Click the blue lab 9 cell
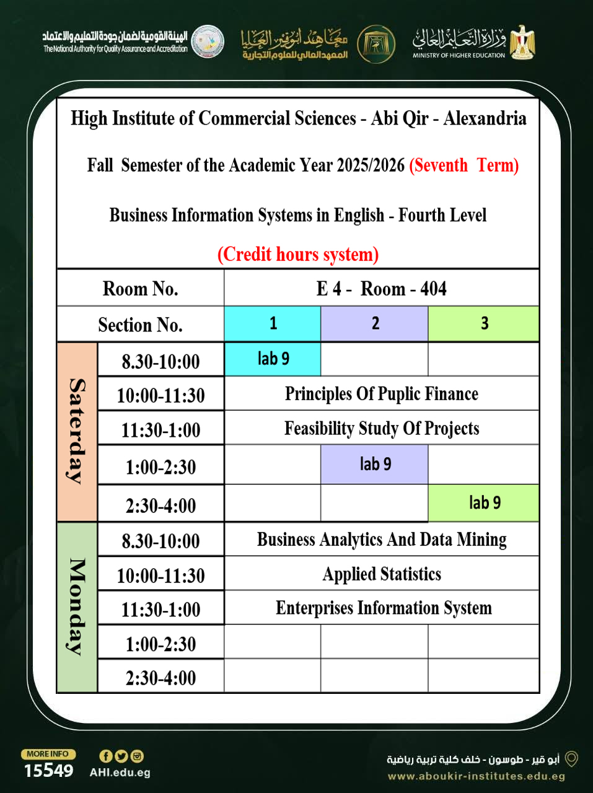pos(273,359)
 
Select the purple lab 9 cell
pos(374,464)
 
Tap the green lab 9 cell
pos(483,502)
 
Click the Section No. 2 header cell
pos(374,323)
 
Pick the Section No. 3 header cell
pos(483,323)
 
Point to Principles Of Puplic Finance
pos(381,393)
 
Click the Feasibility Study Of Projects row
pos(381,428)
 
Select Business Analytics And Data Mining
pos(381,540)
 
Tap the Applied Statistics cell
pos(381,574)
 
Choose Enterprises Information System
pos(383,608)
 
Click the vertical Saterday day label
pos(77,431)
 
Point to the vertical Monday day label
pos(77,607)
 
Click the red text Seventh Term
pos(463,165)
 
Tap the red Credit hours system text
pos(297,254)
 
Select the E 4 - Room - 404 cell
pos(381,289)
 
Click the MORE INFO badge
pos(48,754)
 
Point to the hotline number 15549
pos(48,771)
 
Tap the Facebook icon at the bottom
pos(106,756)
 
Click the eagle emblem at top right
pos(522,42)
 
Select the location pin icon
pos(572,759)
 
